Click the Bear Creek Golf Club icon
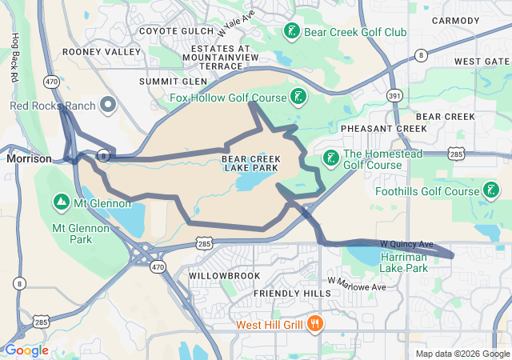coord(292,32)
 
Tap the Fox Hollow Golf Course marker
coord(298,98)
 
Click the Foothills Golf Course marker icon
coord(490,191)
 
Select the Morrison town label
coord(29,159)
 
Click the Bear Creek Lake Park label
coord(250,164)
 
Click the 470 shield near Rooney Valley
coord(52,82)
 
